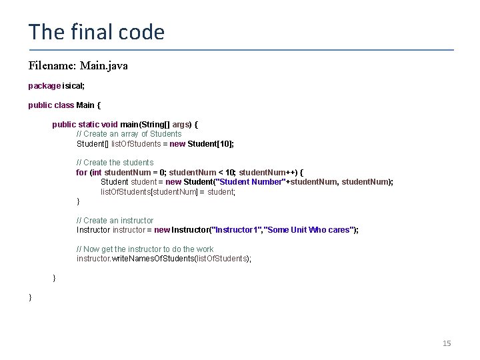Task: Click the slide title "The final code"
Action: (x=96, y=32)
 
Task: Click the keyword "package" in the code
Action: (x=44, y=86)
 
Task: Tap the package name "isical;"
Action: (x=73, y=86)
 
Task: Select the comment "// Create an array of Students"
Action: (x=129, y=134)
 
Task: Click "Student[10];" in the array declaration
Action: (x=211, y=143)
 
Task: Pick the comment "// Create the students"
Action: (x=115, y=163)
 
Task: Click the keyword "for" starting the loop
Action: (x=81, y=172)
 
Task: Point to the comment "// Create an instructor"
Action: (x=115, y=221)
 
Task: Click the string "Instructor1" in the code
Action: (x=237, y=230)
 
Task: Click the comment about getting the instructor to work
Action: (x=145, y=249)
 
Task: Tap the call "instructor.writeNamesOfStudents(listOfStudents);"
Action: (x=164, y=259)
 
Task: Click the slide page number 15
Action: (x=447, y=343)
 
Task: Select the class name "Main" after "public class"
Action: (x=85, y=105)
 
